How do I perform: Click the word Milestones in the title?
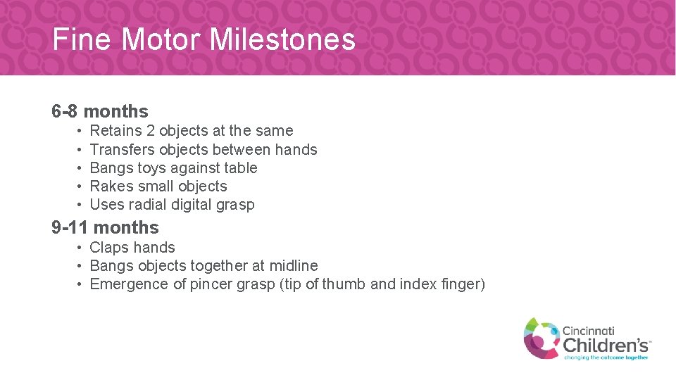[282, 39]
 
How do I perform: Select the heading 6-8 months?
[100, 111]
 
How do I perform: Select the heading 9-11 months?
[105, 227]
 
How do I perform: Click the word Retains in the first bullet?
[115, 131]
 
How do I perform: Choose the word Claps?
[108, 248]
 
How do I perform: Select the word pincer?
[209, 284]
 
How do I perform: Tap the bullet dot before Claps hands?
[82, 248]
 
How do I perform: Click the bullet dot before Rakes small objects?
[82, 186]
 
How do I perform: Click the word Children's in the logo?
[605, 345]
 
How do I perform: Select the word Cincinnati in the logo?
[588, 329]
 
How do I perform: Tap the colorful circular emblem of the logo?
[541, 337]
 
